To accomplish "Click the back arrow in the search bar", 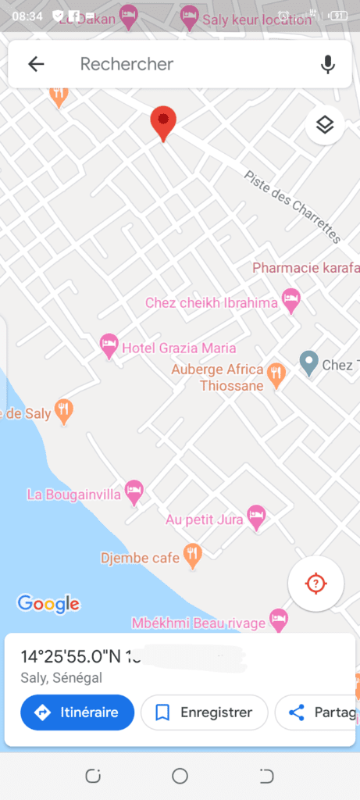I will click(x=36, y=64).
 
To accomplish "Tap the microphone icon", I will click(x=328, y=64).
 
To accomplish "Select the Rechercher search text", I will click(x=127, y=64).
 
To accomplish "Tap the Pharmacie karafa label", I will click(x=305, y=268).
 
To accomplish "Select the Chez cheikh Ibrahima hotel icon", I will click(x=291, y=299).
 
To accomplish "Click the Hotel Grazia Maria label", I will click(x=179, y=348).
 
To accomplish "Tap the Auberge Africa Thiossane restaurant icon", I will click(x=276, y=374).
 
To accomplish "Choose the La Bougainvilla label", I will click(x=74, y=494).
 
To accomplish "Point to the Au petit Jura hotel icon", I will click(x=256, y=516).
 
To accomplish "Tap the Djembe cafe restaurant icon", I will click(x=192, y=555).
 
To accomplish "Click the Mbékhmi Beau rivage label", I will click(x=198, y=623).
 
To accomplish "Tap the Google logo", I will click(x=48, y=603).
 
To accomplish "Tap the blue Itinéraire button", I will click(x=77, y=712).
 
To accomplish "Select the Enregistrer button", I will click(x=205, y=712).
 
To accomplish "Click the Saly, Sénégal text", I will click(x=62, y=678).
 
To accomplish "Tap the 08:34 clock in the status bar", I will click(x=27, y=16).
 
